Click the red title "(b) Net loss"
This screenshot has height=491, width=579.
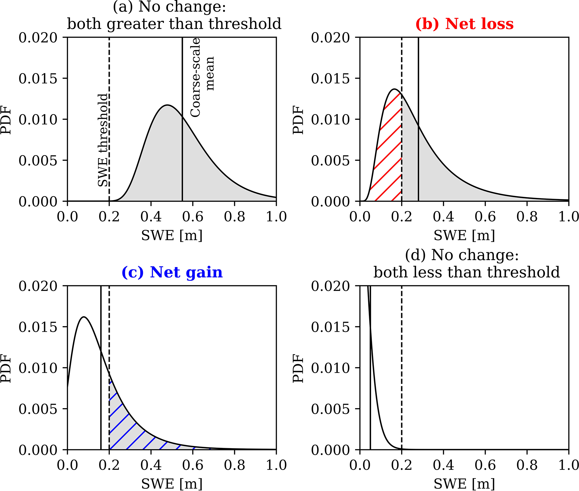coord(464,24)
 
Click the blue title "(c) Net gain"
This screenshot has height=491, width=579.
coord(172,272)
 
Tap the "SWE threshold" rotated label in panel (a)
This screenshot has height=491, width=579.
coord(103,140)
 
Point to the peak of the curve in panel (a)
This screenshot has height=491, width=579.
coord(167,105)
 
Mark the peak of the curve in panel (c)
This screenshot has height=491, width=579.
coord(83,317)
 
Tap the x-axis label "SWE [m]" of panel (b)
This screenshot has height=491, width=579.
coord(464,235)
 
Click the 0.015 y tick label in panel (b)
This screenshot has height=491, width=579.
coord(331,79)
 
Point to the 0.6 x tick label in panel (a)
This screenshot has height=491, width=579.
coord(193,217)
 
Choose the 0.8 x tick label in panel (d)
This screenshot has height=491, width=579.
coord(527,466)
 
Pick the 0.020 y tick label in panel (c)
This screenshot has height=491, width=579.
coord(38,286)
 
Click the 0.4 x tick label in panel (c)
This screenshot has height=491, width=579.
coord(151,466)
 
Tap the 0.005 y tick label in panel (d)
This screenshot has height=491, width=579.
coord(331,409)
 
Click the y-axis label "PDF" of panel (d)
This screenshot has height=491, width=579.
coord(299,368)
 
